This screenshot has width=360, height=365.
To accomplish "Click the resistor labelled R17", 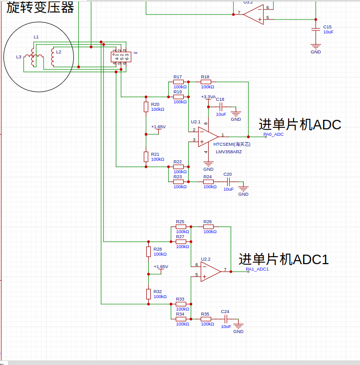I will click(x=178, y=82).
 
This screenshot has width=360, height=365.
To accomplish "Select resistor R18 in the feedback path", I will click(x=205, y=82).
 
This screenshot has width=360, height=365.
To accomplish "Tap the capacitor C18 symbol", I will click(x=220, y=106).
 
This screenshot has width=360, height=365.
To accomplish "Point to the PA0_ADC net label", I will click(x=274, y=134).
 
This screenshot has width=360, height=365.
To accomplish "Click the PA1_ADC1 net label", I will click(x=258, y=269).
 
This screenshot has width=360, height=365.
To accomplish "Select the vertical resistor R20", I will click(x=146, y=106).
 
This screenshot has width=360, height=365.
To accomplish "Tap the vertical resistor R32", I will click(x=148, y=293).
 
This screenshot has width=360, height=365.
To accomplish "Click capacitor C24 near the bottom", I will click(x=226, y=319).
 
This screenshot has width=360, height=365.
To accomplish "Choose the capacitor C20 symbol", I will click(x=228, y=181).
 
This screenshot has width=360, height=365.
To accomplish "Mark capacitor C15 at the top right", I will click(x=316, y=29).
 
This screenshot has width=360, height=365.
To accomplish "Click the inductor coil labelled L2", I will click(x=52, y=58).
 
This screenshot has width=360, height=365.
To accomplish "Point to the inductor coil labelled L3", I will click(x=32, y=57).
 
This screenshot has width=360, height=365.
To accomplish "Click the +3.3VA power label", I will click(x=208, y=97).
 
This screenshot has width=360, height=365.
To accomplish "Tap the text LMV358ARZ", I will click(x=229, y=152).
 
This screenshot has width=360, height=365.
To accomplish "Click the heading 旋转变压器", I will click(x=39, y=7).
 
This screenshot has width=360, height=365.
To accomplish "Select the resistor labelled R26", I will click(x=208, y=227).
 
